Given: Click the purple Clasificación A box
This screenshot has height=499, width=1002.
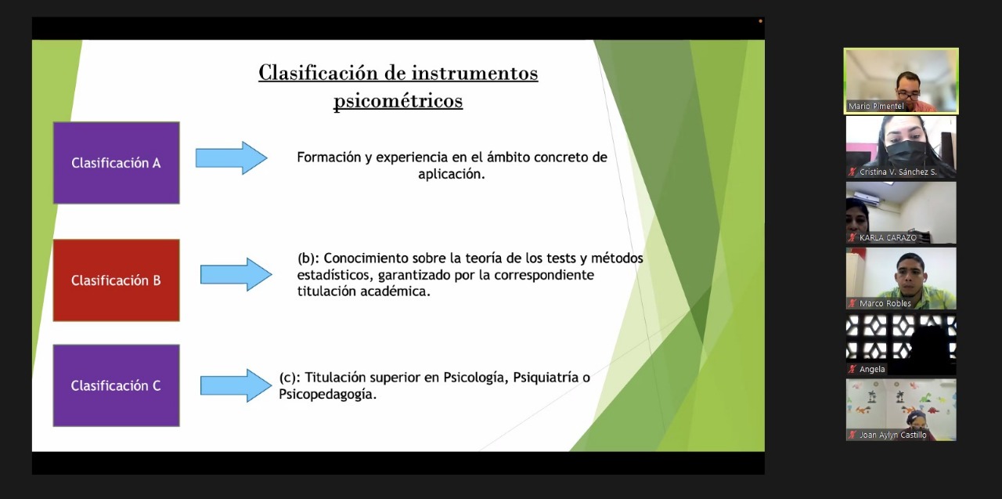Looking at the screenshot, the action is click(117, 163).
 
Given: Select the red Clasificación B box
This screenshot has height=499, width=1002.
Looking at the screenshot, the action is click(117, 280).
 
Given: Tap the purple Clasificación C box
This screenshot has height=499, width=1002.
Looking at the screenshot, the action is click(117, 385).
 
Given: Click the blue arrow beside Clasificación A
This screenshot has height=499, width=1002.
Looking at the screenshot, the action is click(231, 158).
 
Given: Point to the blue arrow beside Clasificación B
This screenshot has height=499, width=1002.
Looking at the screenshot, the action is click(236, 274).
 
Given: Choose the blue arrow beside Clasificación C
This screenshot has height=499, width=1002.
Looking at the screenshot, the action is click(236, 385).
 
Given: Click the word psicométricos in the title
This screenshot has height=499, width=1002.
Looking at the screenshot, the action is click(398, 101).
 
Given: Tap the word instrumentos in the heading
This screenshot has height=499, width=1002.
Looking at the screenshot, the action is click(474, 73).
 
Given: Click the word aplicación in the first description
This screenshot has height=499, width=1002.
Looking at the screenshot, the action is click(452, 174).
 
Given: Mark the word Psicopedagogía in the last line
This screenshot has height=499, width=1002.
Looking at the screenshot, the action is click(327, 394).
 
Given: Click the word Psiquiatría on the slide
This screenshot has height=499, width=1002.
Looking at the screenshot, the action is click(546, 378).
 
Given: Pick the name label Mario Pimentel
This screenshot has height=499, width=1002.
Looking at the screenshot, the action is click(876, 106).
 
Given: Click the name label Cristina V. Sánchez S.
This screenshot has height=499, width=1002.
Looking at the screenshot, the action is click(898, 172).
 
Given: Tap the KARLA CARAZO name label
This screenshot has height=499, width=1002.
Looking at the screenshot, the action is click(888, 237).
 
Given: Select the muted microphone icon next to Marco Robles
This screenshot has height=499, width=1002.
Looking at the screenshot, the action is click(852, 303).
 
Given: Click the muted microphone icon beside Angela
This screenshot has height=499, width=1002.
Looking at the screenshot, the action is click(852, 369).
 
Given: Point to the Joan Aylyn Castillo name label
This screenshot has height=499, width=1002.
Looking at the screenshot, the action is click(893, 435).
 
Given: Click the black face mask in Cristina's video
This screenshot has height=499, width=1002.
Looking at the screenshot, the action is click(903, 153).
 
